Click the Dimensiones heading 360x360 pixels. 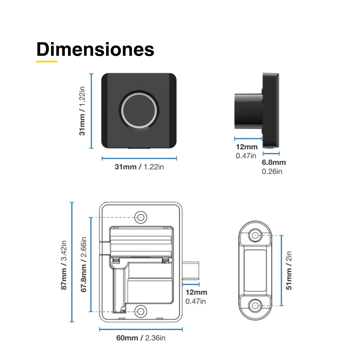(95, 49)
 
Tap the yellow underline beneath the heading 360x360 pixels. (46, 62)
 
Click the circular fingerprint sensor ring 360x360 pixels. (139, 110)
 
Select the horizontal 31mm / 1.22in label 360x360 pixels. (139, 167)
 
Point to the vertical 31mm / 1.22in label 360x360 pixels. (82, 111)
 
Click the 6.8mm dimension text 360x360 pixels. (274, 162)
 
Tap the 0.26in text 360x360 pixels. (272, 171)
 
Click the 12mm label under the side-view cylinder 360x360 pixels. (247, 147)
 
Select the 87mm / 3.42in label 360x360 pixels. (64, 265)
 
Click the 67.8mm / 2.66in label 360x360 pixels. (84, 265)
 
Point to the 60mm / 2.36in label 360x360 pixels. (141, 338)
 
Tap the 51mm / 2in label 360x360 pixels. (289, 270)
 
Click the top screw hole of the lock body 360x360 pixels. (141, 217)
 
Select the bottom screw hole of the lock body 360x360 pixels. (141, 311)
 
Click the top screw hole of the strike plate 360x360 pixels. (255, 235)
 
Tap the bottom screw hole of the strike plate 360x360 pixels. (255, 306)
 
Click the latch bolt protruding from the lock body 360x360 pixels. (190, 270)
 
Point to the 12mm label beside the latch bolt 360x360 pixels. (196, 292)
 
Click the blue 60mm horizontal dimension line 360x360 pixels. (141, 329)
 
